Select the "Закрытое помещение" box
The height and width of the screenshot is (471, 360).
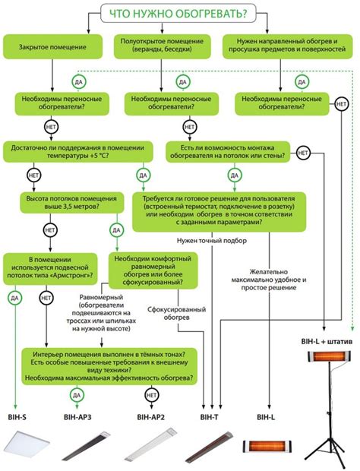(52, 47)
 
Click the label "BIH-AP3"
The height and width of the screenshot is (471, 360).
(77, 417)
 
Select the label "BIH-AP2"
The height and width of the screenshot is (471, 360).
(152, 417)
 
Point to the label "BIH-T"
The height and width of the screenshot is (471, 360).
(210, 417)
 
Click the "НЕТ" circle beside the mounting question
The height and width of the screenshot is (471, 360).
(302, 153)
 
